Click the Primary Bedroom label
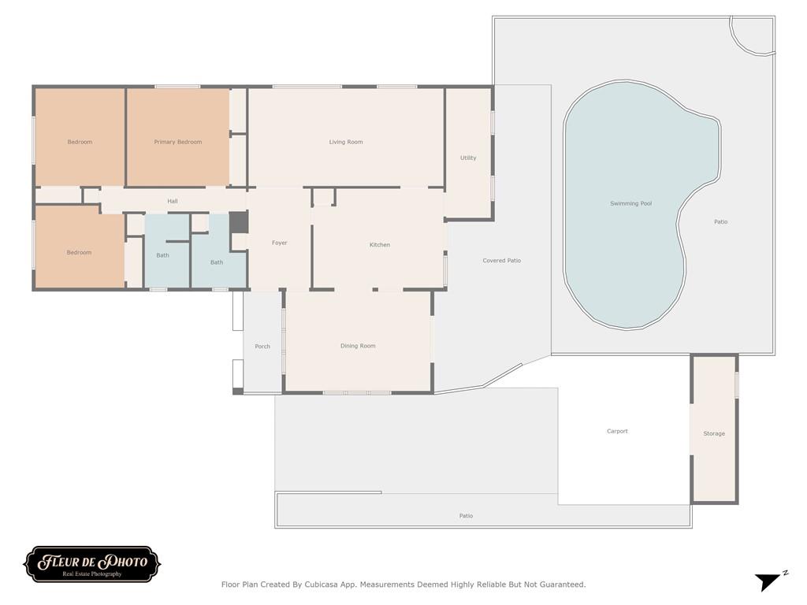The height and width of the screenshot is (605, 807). [177, 142]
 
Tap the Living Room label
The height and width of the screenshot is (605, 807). [346, 142]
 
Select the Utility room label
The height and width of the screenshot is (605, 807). [468, 158]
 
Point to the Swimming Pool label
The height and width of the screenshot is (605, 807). [631, 204]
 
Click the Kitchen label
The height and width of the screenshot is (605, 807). [380, 245]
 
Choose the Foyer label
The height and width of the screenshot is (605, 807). [280, 243]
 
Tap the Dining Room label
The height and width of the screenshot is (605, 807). [358, 347]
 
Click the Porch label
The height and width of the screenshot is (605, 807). [262, 347]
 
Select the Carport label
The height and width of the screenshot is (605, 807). [618, 432]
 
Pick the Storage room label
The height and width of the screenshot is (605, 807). [714, 434]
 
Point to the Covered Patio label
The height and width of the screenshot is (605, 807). [502, 261]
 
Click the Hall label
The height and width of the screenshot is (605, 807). [173, 201]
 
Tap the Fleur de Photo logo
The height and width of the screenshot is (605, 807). [92, 564]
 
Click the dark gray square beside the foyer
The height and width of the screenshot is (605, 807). [239, 222]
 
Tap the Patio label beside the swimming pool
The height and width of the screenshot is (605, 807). [720, 222]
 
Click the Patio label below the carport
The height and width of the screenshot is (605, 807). [466, 516]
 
